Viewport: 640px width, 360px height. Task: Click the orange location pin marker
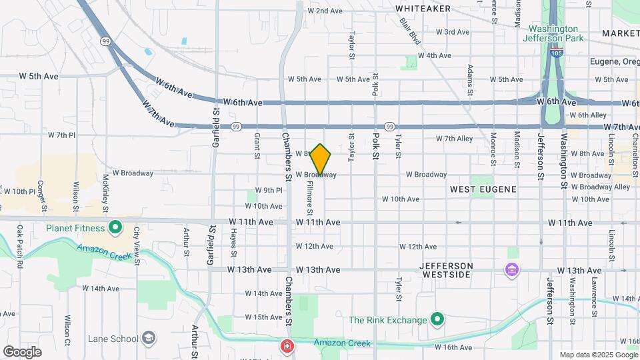pyautogui.click(x=321, y=160)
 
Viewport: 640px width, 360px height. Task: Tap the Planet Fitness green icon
pyautogui.click(x=115, y=228)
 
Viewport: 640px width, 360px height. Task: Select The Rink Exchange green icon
pyautogui.click(x=437, y=320)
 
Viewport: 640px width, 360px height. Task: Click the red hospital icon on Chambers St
pyautogui.click(x=287, y=347)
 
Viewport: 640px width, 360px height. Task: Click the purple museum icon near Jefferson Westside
pyautogui.click(x=511, y=270)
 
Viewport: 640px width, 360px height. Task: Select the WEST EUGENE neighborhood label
pyautogui.click(x=483, y=189)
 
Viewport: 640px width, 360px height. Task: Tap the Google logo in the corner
pyautogui.click(x=22, y=351)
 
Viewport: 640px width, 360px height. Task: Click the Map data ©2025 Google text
pyautogui.click(x=598, y=355)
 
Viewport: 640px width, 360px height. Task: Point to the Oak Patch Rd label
pyautogui.click(x=19, y=240)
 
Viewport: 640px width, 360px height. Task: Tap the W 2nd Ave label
pyautogui.click(x=325, y=11)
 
